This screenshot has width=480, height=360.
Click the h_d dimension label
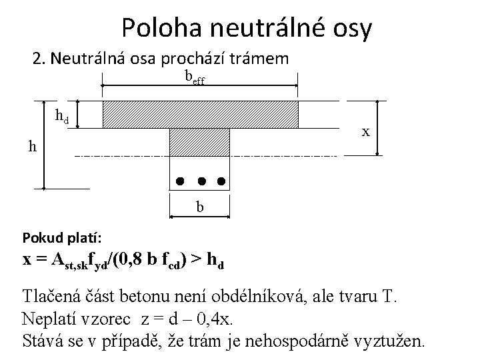pyautogui.click(x=61, y=117)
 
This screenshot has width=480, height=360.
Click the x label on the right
pyautogui.click(x=366, y=131)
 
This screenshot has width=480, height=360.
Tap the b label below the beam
pyautogui.click(x=199, y=208)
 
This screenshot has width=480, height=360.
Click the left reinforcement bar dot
pyautogui.click(x=179, y=181)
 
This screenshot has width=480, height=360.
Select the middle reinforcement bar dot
pyautogui.click(x=200, y=181)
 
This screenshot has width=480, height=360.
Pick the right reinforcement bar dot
pyautogui.click(x=221, y=181)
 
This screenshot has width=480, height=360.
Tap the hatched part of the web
pyautogui.click(x=200, y=141)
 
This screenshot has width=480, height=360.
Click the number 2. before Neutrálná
pyautogui.click(x=38, y=59)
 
